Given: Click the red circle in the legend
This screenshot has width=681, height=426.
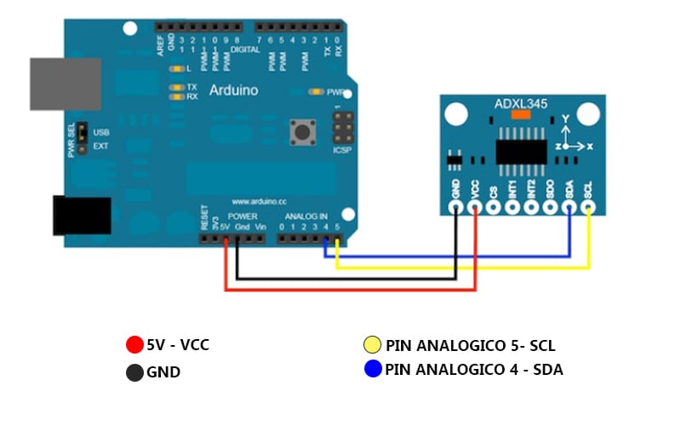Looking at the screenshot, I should click(x=134, y=345).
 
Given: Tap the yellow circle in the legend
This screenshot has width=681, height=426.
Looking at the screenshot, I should click(x=372, y=345).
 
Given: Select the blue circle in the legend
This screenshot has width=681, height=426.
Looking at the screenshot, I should click(x=372, y=370).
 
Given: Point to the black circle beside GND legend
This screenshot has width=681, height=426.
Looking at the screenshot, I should click(x=134, y=372).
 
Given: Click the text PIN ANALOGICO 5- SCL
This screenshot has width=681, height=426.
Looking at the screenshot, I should click(x=470, y=346).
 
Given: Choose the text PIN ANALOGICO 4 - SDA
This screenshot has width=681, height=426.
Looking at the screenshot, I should click(x=473, y=370).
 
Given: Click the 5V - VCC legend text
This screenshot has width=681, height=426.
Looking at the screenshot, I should click(x=177, y=345).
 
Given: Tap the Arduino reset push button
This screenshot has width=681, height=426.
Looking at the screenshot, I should click(x=300, y=131).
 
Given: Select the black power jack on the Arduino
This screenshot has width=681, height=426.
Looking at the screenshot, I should click(x=82, y=216).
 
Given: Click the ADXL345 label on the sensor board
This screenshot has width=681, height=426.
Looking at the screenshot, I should click(x=521, y=104).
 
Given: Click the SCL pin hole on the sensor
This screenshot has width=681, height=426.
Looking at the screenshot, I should click(x=588, y=206).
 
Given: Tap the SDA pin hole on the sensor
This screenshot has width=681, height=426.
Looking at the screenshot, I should click(x=569, y=206).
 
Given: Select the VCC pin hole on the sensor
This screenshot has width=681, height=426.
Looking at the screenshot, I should click(x=475, y=206).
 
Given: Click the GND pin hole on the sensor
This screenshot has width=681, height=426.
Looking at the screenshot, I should click(x=456, y=206).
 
